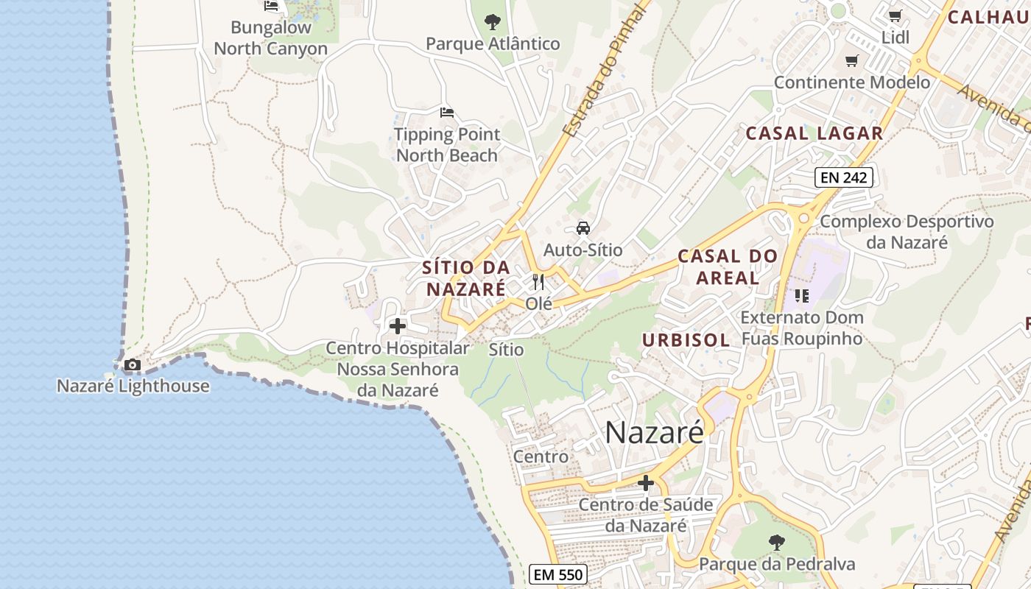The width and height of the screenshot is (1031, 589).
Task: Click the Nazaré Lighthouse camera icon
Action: coord(133,364)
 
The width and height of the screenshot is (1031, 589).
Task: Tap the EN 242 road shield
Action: coord(844,177)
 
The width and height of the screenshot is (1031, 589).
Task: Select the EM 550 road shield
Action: coord(557,574)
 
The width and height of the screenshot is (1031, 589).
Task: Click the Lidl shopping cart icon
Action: coord(895,15)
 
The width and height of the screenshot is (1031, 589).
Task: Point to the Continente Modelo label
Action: coord(852,82)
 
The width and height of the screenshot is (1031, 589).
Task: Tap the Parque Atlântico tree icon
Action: coord(493,22)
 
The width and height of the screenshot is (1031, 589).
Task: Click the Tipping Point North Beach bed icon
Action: coord(447,113)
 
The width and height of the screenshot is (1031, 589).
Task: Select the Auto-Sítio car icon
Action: coord(583,228)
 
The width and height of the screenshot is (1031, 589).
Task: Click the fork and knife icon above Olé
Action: coord(539,282)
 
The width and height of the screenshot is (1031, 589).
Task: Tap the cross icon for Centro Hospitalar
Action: coord(398,325)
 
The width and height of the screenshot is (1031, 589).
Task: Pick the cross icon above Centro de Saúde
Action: coord(646,483)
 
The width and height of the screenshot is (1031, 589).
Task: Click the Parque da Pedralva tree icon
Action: coord(776,543)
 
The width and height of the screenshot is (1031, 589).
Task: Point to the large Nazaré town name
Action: coord(654,433)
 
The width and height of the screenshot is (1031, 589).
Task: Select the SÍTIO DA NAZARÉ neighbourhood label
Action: coord(467,278)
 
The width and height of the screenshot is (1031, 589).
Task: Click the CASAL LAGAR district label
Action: coord(814,133)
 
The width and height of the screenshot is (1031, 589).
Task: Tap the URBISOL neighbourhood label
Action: coord(686,339)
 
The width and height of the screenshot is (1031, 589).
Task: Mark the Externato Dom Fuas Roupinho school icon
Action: coord(802,296)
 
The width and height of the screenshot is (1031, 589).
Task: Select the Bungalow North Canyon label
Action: coord(270,38)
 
